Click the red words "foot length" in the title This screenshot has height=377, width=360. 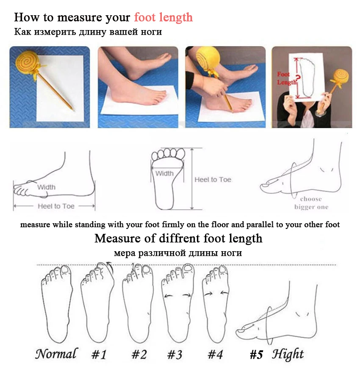(163, 17)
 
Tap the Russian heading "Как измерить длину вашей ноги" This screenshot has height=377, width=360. (88, 32)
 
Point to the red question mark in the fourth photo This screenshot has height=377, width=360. (298, 78)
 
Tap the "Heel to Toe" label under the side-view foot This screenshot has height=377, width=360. (56, 206)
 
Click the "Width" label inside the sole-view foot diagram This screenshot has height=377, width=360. (164, 173)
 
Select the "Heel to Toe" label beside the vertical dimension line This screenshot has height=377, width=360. (213, 180)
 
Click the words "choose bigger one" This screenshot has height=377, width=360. (311, 203)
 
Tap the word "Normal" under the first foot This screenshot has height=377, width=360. (56, 354)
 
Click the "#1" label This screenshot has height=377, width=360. (99, 355)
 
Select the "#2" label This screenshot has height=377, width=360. (139, 355)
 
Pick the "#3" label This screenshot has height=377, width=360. (175, 355)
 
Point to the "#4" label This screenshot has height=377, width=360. (215, 355)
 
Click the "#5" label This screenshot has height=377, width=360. (256, 355)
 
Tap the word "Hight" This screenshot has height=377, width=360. (288, 355)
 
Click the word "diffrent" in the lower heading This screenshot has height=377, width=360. (179, 238)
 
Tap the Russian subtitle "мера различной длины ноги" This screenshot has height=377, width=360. (178, 253)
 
